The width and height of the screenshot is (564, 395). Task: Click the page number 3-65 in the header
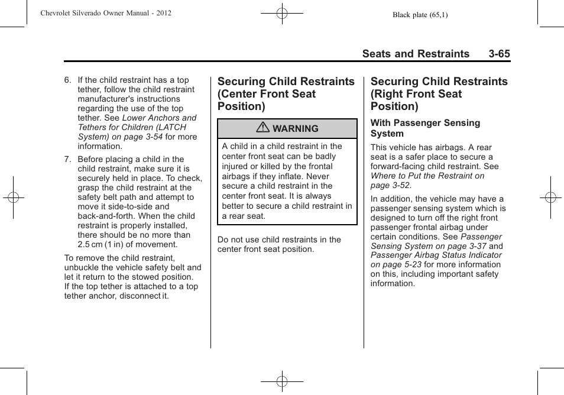(499, 54)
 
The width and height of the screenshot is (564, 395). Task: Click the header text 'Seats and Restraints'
(416, 54)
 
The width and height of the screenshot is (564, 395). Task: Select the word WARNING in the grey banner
(295, 129)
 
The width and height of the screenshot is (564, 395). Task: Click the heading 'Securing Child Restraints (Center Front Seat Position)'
(286, 94)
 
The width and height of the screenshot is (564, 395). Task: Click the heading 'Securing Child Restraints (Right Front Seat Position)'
(439, 94)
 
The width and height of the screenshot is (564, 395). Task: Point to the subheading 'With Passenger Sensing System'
(425, 128)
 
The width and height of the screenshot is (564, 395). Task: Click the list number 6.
(67, 80)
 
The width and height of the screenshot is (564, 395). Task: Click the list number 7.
(67, 160)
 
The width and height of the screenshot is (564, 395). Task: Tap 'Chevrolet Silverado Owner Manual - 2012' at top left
(106, 13)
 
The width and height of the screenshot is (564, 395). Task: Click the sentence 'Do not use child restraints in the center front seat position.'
(279, 245)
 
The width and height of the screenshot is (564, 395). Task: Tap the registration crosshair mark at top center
(282, 12)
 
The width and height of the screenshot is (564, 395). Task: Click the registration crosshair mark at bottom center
(282, 381)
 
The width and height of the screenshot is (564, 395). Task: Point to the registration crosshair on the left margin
(13, 197)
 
